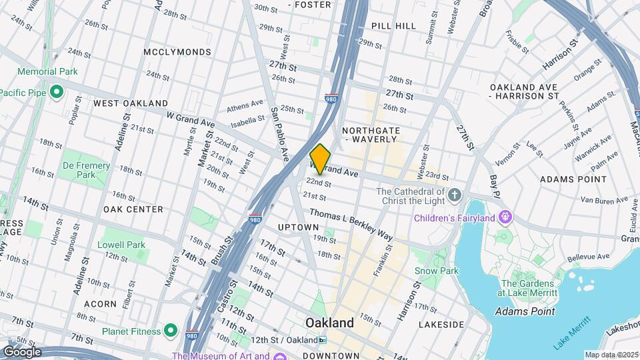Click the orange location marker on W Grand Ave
tap(321, 159)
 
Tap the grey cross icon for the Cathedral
tap(455, 195)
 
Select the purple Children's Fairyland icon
tap(505, 217)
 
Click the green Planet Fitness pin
tap(171, 331)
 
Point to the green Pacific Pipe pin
tap(57, 91)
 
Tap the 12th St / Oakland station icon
tap(323, 340)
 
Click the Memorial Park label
tap(47, 71)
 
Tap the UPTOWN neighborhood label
tap(298, 227)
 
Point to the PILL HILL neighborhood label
tap(393, 26)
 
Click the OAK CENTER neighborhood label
tap(133, 209)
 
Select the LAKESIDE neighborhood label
tap(441, 325)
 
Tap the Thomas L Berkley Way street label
tap(351, 224)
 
